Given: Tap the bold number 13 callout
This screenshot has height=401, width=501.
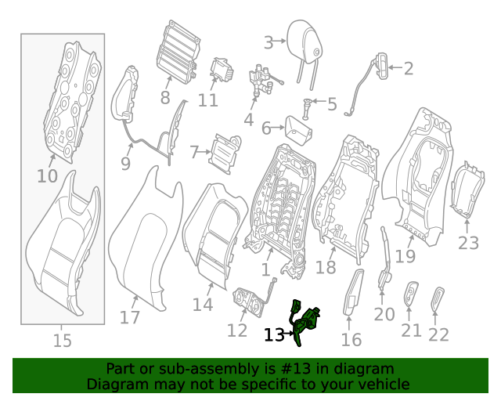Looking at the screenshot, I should (x=274, y=335).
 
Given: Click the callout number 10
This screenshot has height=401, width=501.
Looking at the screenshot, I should (x=47, y=176).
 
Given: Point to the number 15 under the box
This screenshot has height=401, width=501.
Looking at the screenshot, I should (x=62, y=341).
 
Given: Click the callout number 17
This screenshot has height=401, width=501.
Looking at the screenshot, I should (x=129, y=317).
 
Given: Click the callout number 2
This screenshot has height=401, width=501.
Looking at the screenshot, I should (x=408, y=69).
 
